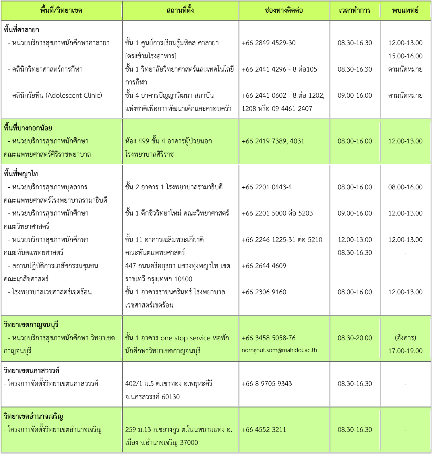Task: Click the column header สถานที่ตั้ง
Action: coord(180,11)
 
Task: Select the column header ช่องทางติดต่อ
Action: coord(284,11)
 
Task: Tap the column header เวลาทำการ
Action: coord(355,11)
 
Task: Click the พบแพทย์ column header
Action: coord(405,11)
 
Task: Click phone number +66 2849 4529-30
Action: coord(268,43)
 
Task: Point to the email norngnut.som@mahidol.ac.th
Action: coord(279,350)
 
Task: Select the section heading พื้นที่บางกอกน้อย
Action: coord(28,128)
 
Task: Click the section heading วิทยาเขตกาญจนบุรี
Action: coord(31,325)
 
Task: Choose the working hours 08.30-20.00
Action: coord(355,338)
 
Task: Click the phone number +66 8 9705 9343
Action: coord(267,384)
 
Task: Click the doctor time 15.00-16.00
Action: coord(405,56)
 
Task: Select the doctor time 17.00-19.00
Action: coord(405,351)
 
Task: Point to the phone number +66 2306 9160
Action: coord(264,292)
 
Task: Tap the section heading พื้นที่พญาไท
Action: coord(21,174)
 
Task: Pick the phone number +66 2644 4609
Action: coord(264,266)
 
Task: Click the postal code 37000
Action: coord(189,443)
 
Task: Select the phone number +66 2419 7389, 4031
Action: coord(273,141)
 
